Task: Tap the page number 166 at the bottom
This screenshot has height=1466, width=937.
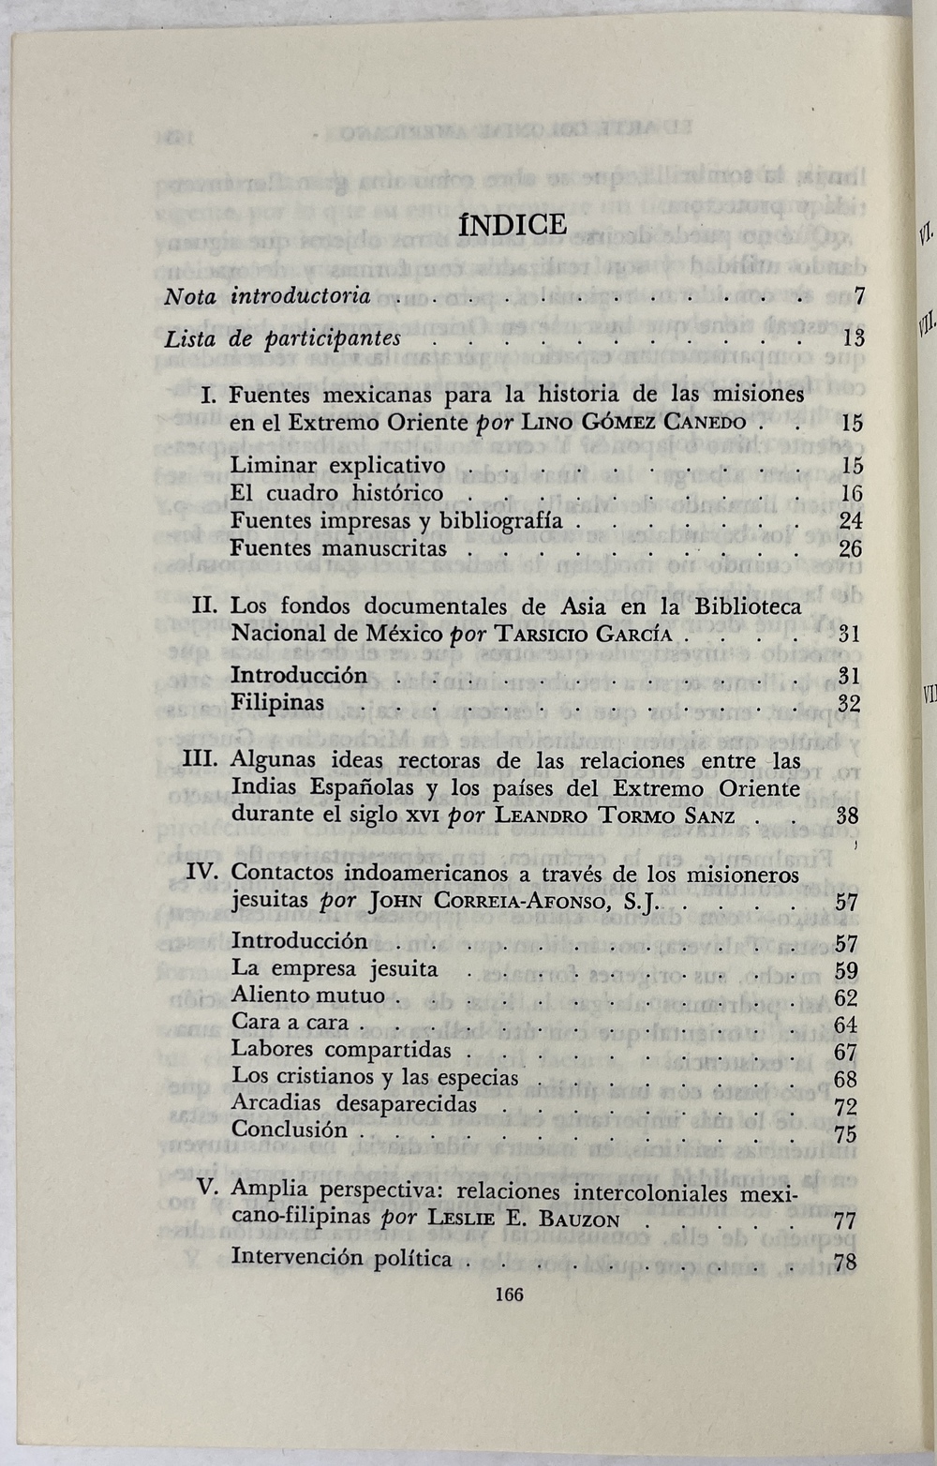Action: (x=508, y=1294)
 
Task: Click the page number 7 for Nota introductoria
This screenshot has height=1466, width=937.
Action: (x=858, y=297)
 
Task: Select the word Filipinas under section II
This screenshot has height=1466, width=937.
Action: (x=277, y=703)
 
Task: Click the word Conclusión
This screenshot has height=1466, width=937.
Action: (x=290, y=1129)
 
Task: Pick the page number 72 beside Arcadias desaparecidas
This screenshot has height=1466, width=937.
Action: (x=845, y=1106)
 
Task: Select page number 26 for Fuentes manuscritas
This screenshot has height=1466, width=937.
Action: (x=851, y=548)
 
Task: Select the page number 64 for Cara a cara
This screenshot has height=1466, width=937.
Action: (x=845, y=1025)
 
